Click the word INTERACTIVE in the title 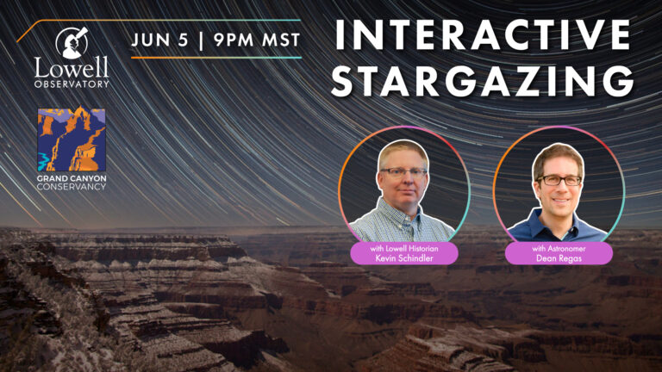click(x=481, y=35)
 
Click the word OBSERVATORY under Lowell click(x=72, y=84)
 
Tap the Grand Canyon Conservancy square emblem click(x=72, y=139)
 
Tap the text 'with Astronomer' click(x=558, y=248)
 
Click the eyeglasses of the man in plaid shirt click(x=403, y=172)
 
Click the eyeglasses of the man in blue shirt click(x=559, y=180)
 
